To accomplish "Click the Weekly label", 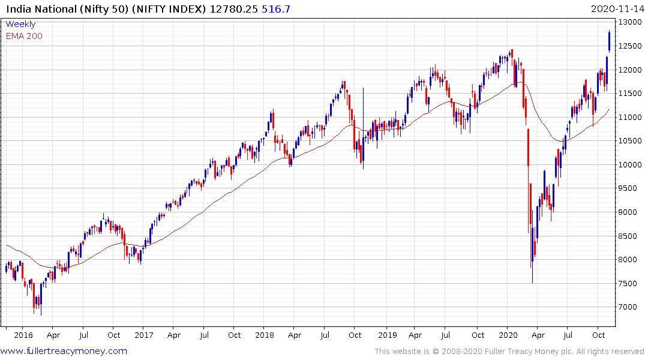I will pyautogui.click(x=20, y=25).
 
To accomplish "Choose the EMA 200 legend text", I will pyautogui.click(x=24, y=36).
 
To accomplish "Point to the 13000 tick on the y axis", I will pyautogui.click(x=629, y=22).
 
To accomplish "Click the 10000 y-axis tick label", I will pyautogui.click(x=629, y=165).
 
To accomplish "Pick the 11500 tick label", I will pyautogui.click(x=629, y=94).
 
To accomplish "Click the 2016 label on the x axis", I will pyautogui.click(x=23, y=335).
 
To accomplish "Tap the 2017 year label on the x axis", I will pyautogui.click(x=144, y=335).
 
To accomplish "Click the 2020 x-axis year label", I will pyautogui.click(x=509, y=335).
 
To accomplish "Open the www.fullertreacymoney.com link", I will pyautogui.click(x=64, y=351).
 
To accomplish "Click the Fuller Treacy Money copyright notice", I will pyautogui.click(x=509, y=351).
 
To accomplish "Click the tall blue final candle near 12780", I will pyautogui.click(x=610, y=41).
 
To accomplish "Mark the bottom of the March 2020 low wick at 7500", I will pyautogui.click(x=532, y=283).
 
